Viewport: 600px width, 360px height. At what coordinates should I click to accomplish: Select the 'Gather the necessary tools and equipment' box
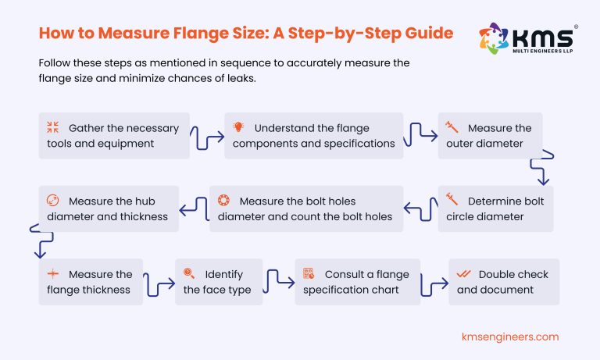(x=114, y=136)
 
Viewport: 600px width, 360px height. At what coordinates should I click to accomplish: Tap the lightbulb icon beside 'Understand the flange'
(x=238, y=127)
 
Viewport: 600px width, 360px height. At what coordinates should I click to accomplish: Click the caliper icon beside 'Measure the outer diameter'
(x=452, y=127)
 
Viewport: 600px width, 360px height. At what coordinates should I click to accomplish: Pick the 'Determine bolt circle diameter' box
(x=495, y=209)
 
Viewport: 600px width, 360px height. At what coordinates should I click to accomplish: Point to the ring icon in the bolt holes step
(x=223, y=200)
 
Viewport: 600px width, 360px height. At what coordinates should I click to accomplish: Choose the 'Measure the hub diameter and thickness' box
(x=109, y=209)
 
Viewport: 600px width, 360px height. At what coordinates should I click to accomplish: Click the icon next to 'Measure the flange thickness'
(x=53, y=274)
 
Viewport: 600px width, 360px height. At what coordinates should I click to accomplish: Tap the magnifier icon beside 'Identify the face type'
(x=188, y=274)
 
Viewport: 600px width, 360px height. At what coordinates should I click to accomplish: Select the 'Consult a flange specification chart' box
(x=358, y=282)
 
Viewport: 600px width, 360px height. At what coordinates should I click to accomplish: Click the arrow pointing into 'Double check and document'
(x=434, y=283)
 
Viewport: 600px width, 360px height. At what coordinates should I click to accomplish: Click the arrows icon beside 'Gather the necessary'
(x=53, y=127)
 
